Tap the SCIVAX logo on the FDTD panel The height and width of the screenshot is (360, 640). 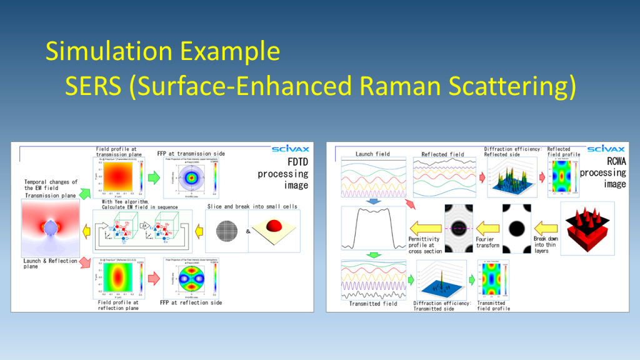point(290,149)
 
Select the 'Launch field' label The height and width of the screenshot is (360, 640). point(372,154)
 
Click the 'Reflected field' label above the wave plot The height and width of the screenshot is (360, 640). point(442,154)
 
